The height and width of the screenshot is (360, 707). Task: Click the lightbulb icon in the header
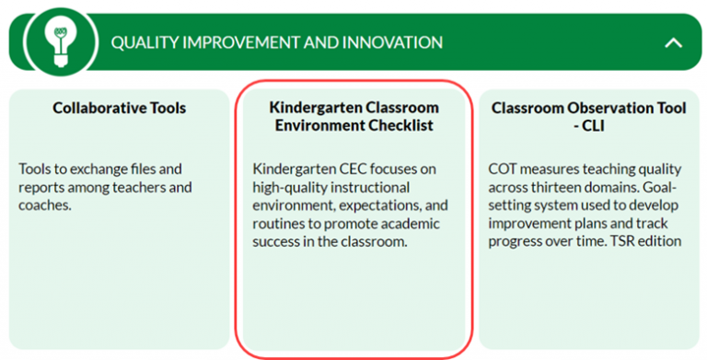(60, 42)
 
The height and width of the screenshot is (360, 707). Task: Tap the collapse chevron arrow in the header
(673, 42)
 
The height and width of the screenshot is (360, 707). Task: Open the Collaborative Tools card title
(119, 108)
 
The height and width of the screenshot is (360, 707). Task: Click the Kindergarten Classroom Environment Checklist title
(353, 116)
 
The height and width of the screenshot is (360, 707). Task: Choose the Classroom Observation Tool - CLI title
(588, 116)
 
